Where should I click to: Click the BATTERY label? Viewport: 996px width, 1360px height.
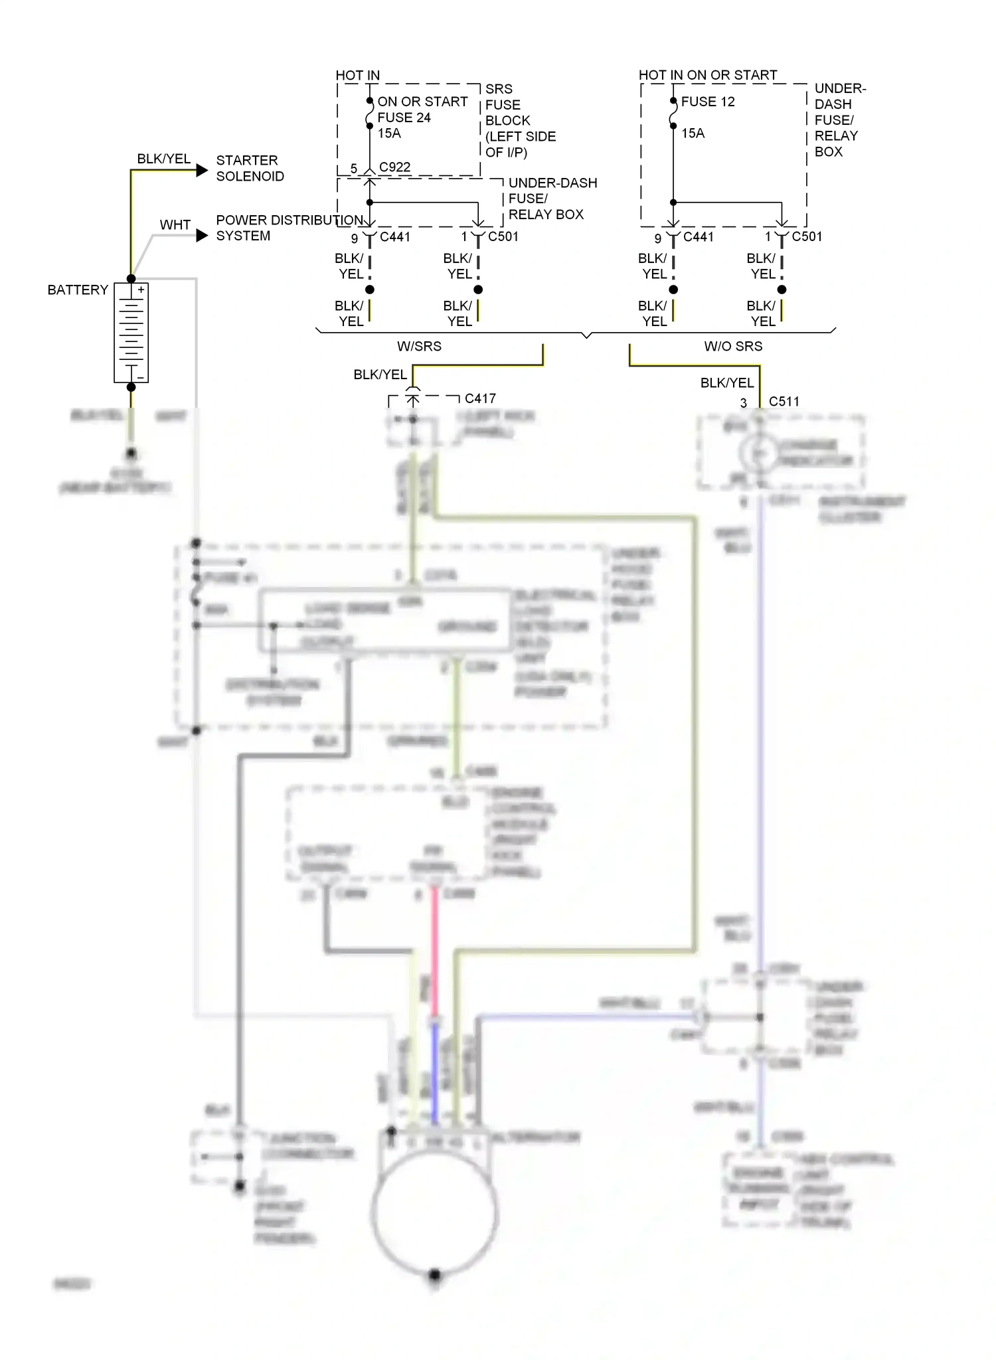78,290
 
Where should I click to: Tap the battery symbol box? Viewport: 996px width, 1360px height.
131,333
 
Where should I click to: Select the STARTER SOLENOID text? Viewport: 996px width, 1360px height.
250,168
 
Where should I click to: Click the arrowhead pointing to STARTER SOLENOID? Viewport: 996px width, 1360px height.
202,171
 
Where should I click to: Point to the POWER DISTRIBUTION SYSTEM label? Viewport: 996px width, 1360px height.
288,228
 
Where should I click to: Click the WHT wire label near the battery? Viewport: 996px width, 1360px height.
175,225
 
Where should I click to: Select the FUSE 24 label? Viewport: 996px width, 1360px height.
404,118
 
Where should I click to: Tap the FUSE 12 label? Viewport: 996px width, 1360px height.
708,102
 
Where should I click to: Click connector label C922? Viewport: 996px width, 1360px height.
394,167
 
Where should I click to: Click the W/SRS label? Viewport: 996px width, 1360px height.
419,346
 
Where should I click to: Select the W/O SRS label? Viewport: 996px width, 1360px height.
733,346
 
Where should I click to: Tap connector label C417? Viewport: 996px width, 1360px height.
480,398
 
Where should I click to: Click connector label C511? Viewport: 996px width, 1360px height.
784,401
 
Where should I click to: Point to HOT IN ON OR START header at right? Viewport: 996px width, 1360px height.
707,75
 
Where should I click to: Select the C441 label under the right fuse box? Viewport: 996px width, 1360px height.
698,236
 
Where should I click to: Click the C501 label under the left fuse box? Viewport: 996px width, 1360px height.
503,236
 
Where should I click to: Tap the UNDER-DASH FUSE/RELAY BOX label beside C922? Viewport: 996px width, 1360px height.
552,199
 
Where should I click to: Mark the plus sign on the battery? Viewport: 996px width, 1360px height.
141,290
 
